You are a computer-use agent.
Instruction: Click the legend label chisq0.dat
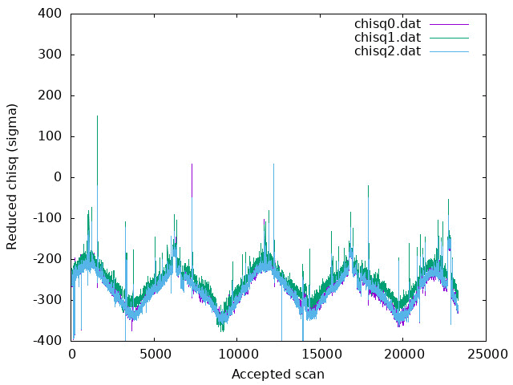tap(387, 24)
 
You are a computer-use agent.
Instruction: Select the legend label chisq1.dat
tap(387, 38)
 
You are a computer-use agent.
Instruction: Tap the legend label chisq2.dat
tap(387, 51)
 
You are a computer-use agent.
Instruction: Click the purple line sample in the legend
tap(449, 24)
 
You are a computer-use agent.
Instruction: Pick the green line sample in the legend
tap(449, 38)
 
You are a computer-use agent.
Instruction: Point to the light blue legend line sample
tap(449, 51)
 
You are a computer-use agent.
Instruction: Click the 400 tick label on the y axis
tap(50, 14)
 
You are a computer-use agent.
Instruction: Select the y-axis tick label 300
tap(50, 55)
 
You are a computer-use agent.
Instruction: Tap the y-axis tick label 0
tap(58, 177)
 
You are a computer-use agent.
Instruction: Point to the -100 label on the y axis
tap(47, 218)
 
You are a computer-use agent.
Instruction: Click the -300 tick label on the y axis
tap(47, 300)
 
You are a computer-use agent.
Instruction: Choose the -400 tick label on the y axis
tap(47, 341)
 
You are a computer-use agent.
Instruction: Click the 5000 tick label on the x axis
tap(154, 354)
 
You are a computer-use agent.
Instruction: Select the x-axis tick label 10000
tap(237, 354)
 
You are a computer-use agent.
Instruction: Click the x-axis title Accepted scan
tap(278, 374)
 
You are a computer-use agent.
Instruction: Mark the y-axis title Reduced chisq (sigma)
tap(12, 177)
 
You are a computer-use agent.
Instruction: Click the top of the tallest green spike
tap(97, 115)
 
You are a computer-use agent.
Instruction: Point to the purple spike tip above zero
tap(192, 164)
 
